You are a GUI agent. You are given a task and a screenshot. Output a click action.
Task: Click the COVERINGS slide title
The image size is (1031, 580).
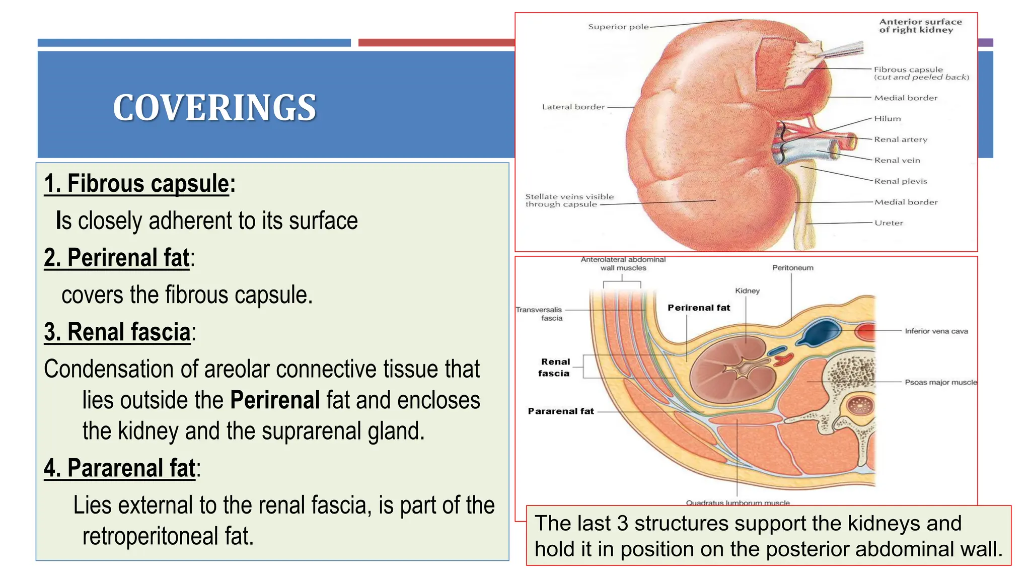214,108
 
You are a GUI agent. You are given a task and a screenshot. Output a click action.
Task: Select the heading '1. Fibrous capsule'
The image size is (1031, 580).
137,183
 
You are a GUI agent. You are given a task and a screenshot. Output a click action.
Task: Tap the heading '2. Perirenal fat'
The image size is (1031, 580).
117,258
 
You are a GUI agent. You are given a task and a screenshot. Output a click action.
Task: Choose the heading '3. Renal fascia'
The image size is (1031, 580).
117,332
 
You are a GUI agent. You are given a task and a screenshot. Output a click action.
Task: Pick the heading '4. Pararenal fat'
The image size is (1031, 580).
119,468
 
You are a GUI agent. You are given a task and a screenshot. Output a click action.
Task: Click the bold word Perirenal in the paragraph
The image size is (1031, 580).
275,400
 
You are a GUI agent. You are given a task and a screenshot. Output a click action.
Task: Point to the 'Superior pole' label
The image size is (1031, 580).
618,27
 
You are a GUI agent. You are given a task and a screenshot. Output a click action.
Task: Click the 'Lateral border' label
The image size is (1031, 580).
573,107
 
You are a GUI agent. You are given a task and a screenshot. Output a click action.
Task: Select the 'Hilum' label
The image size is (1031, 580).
887,119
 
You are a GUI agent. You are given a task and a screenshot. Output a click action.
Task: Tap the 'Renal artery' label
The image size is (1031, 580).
900,139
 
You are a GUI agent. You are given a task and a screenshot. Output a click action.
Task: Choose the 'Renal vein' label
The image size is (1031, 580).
897,161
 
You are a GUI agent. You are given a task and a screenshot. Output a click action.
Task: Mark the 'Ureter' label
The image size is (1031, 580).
889,223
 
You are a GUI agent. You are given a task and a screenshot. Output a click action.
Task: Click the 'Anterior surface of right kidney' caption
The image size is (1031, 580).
920,26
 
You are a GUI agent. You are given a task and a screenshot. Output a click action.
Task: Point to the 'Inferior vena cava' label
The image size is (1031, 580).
936,331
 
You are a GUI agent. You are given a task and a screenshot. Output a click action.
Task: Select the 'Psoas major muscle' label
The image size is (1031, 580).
940,383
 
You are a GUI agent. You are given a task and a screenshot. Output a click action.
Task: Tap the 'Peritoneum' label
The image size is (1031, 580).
792,268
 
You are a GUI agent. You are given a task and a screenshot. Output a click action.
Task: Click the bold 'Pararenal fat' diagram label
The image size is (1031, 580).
561,411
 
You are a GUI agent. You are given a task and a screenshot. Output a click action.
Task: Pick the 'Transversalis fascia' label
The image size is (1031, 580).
539,314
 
